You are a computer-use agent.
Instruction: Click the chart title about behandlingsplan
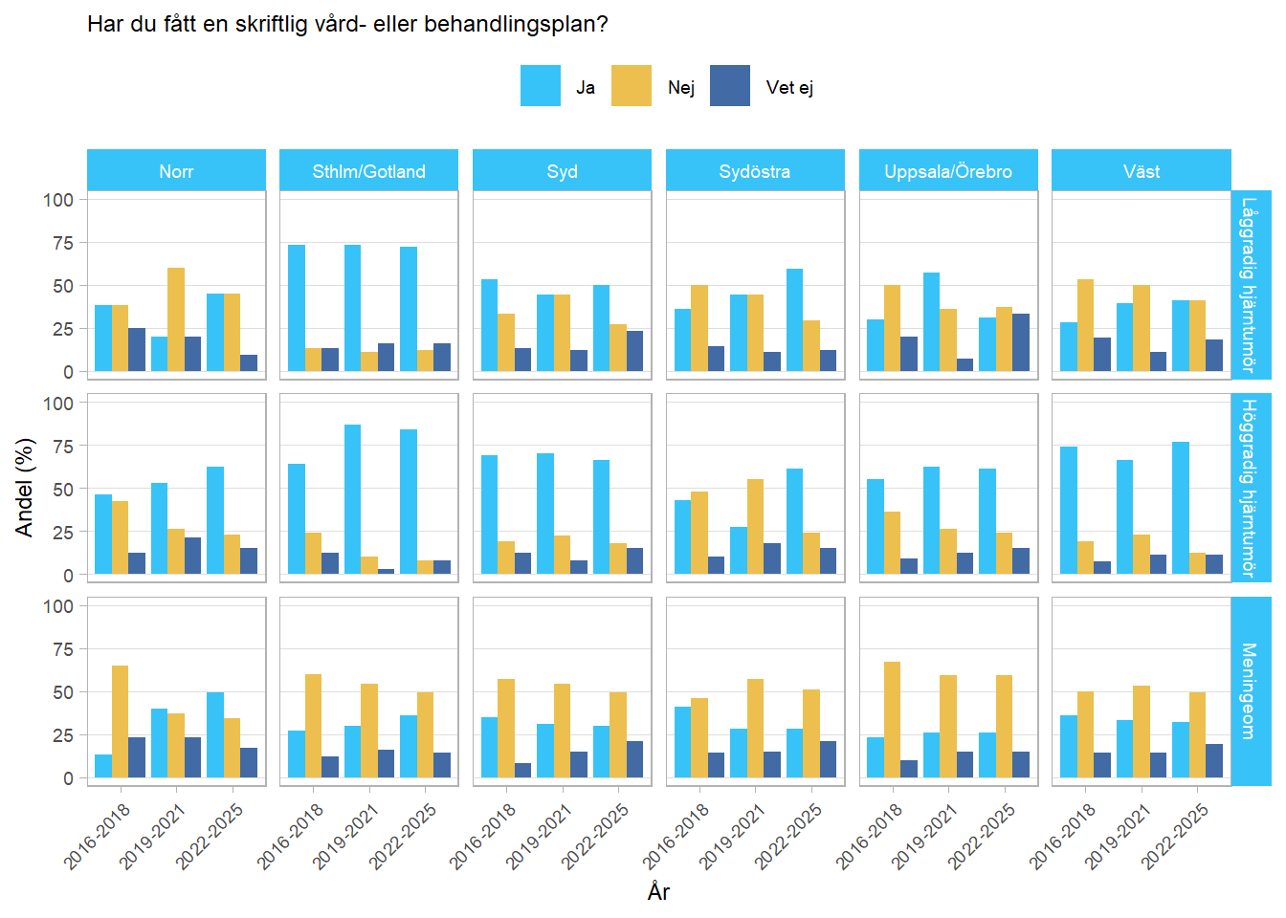click(347, 24)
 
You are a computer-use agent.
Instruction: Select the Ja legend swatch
click(540, 86)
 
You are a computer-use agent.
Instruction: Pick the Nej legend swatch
click(632, 86)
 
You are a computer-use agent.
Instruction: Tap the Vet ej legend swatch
click(730, 86)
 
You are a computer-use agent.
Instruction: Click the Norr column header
click(176, 171)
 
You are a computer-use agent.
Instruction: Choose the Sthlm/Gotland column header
click(368, 171)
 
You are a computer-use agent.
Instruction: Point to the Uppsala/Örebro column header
click(947, 171)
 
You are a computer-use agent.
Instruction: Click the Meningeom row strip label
click(1249, 690)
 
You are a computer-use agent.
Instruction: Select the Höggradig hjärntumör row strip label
click(1249, 488)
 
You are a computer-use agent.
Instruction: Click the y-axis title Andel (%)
click(24, 488)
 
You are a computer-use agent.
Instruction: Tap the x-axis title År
click(658, 891)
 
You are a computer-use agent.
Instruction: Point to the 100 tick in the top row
click(58, 200)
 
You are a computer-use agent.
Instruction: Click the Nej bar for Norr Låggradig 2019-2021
click(176, 319)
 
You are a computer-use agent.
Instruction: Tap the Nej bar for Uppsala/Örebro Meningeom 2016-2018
click(892, 719)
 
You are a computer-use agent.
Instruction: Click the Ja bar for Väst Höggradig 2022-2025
click(1181, 508)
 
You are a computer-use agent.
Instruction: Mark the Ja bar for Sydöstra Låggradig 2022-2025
click(794, 320)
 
